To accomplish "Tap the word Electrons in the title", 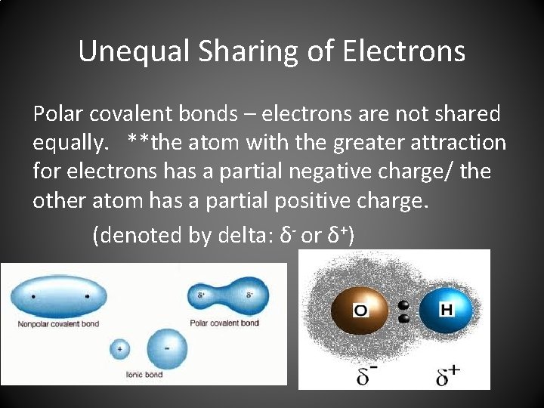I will [x=404, y=51].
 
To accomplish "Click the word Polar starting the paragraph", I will [x=57, y=114].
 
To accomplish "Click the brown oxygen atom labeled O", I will [x=360, y=311].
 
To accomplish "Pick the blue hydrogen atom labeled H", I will [x=445, y=311].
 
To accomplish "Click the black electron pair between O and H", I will [x=403, y=312].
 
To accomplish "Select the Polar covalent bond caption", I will [x=224, y=323].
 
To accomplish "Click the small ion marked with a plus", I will [x=119, y=349].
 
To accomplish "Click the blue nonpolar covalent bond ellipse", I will [x=60, y=295].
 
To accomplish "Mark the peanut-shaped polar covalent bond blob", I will [x=227, y=295].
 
